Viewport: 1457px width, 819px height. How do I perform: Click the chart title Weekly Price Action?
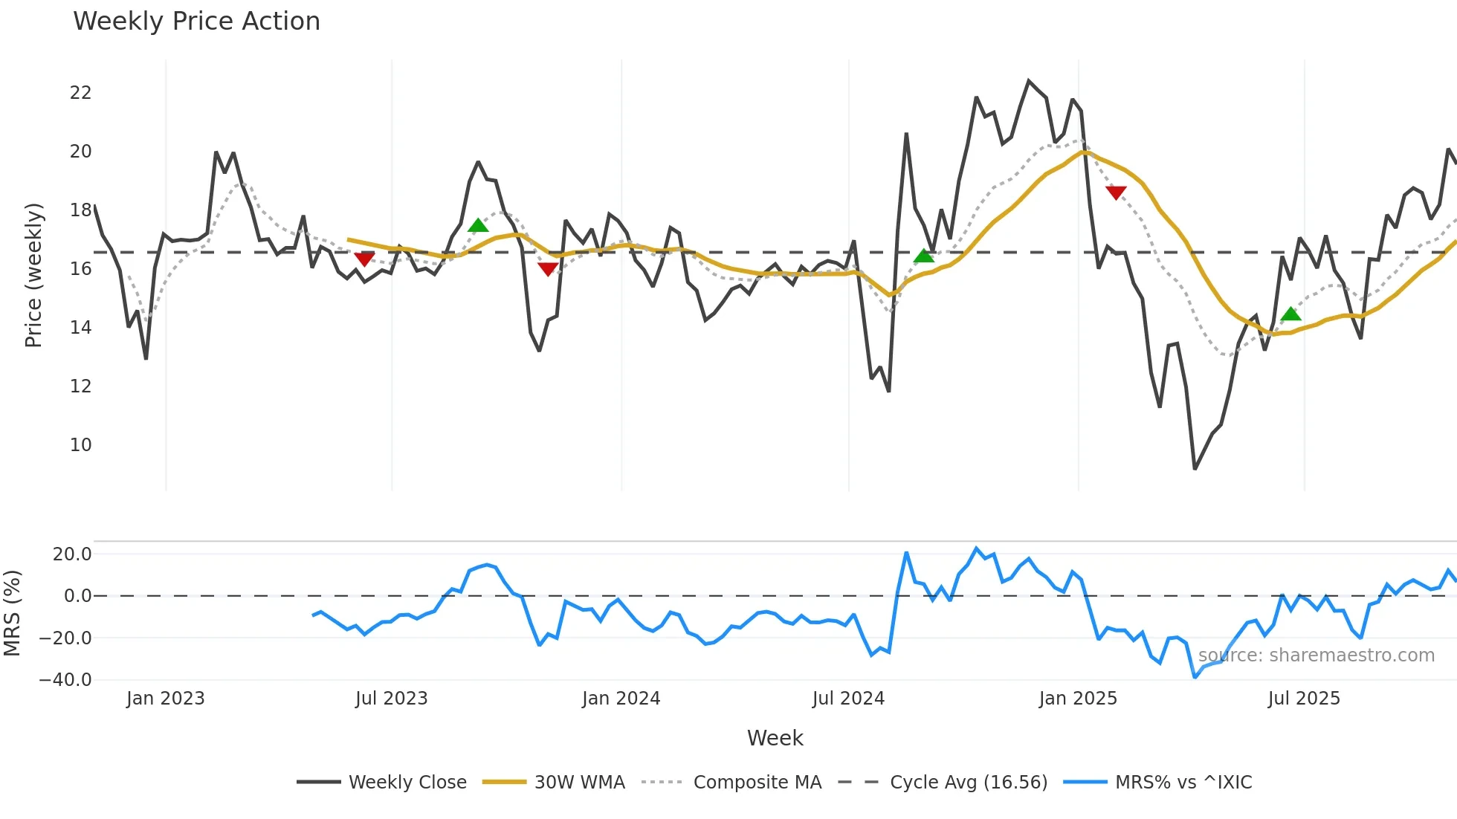tap(196, 22)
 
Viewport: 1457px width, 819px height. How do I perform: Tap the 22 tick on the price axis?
tap(80, 93)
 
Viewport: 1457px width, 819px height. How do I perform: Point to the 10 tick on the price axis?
tap(80, 445)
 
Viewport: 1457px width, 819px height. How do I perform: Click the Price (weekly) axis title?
tap(34, 275)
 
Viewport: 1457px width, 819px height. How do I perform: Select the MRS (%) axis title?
tap(13, 613)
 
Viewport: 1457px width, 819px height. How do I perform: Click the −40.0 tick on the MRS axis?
tap(65, 680)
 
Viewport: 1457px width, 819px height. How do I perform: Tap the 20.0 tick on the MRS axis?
tap(72, 554)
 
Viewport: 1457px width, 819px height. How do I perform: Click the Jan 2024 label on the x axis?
tap(621, 699)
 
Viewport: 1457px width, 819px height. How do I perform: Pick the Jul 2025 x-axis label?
tap(1304, 699)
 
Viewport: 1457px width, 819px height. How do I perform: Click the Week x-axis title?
tap(775, 738)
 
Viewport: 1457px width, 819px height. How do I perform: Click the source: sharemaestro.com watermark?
tap(1316, 655)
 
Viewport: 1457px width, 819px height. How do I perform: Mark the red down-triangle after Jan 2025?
tap(1116, 192)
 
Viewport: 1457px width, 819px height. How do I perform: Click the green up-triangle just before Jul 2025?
tap(1291, 314)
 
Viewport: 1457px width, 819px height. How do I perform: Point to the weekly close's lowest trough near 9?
tap(1195, 468)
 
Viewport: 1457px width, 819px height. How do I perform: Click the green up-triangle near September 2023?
tap(478, 225)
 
